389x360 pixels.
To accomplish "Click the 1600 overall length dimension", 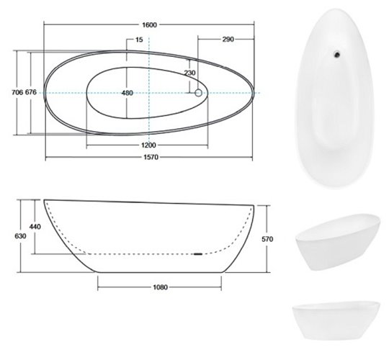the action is (x=150, y=24).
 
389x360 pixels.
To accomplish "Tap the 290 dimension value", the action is (x=228, y=39).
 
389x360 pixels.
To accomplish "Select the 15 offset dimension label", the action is (x=140, y=40).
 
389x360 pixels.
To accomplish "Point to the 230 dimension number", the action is (x=189, y=73).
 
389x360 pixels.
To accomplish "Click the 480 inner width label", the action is (x=128, y=93).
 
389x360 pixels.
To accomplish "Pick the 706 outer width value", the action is (x=17, y=92).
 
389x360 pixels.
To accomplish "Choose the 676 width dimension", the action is (x=31, y=92).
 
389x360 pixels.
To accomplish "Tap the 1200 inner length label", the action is (x=148, y=145).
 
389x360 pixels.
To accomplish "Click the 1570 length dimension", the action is (x=151, y=157).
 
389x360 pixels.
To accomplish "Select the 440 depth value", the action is (x=35, y=227).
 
